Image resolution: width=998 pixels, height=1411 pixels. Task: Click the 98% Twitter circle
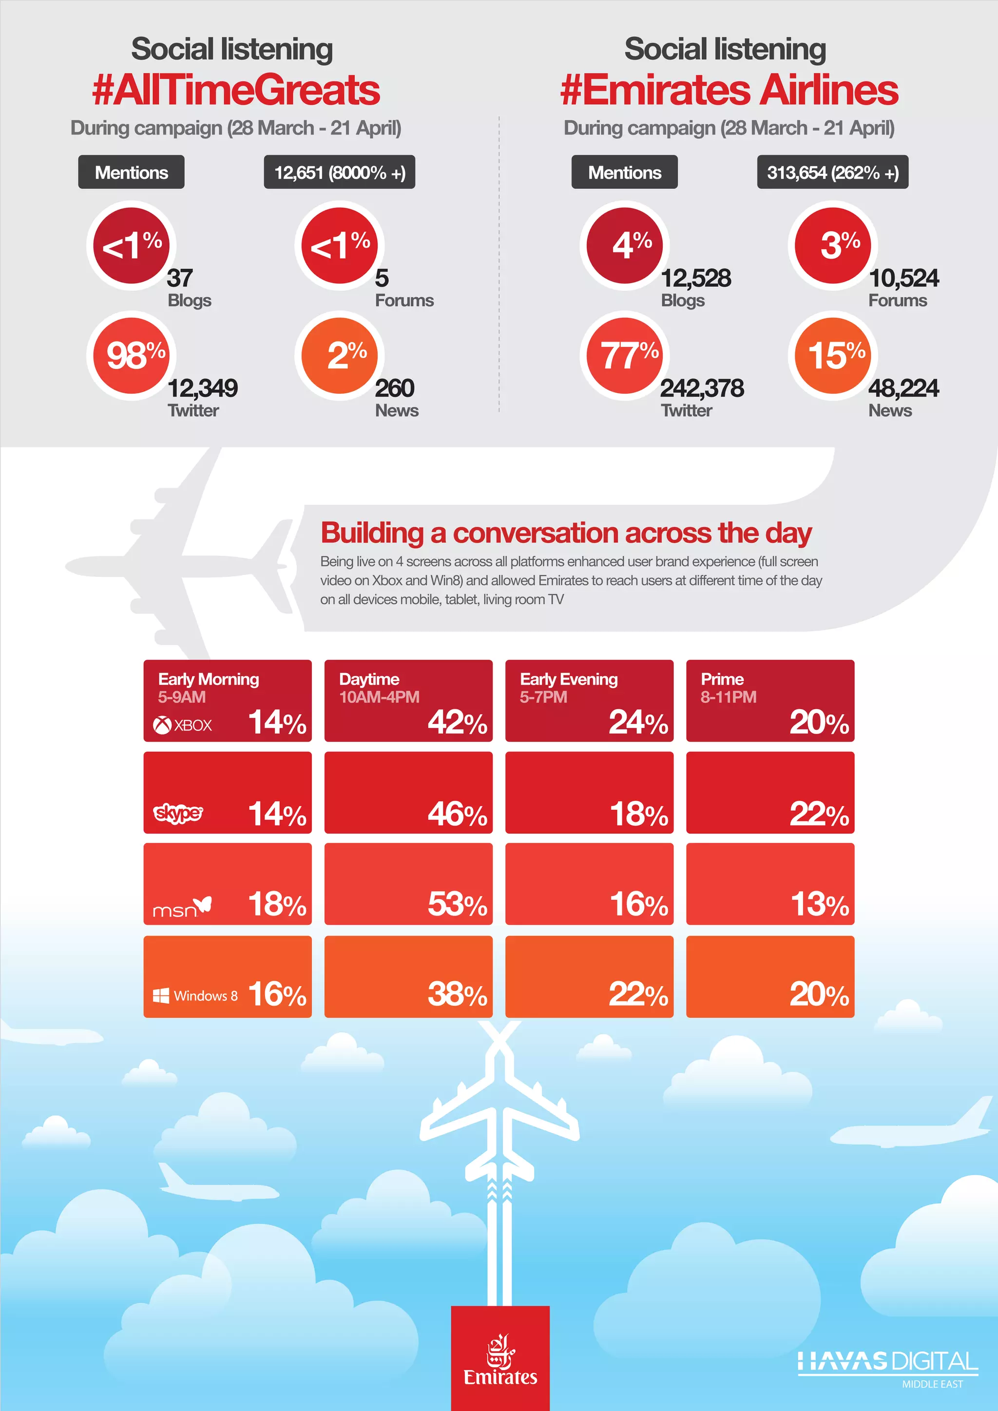pyautogui.click(x=132, y=356)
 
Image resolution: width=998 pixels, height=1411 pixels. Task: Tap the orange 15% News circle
pyautogui.click(x=833, y=356)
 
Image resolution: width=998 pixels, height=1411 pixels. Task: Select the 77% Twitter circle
pyautogui.click(x=625, y=356)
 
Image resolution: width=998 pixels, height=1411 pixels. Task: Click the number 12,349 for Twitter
pyautogui.click(x=203, y=388)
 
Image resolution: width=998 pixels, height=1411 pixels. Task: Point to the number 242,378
pyautogui.click(x=702, y=388)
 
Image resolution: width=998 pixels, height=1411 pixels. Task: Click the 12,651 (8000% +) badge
pyautogui.click(x=339, y=172)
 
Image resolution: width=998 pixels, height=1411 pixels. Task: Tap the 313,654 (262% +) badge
pyautogui.click(x=832, y=172)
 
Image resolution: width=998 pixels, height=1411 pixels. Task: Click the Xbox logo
pyautogui.click(x=183, y=725)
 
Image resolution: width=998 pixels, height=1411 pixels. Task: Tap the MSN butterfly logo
pyautogui.click(x=182, y=907)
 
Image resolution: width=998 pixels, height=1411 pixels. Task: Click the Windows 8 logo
pyautogui.click(x=195, y=995)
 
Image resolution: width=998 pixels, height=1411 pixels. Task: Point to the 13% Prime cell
pyautogui.click(x=770, y=884)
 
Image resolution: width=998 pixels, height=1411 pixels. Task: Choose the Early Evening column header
pyautogui.click(x=569, y=679)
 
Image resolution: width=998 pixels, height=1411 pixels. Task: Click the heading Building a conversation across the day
pyautogui.click(x=566, y=533)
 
